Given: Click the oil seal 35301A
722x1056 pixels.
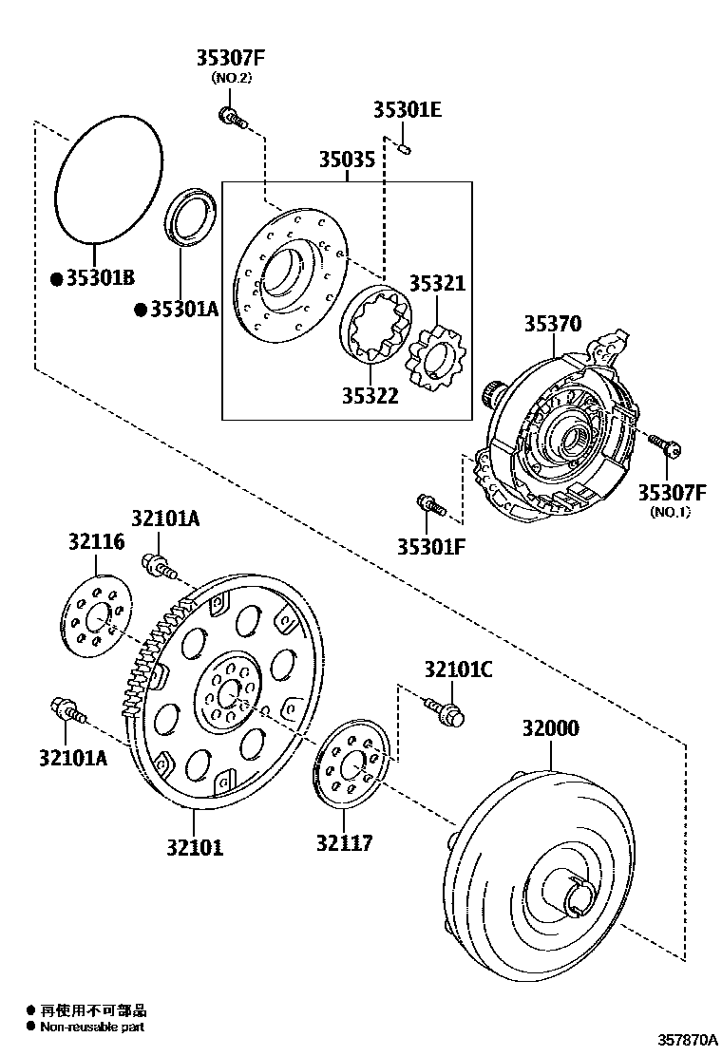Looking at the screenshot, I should coord(193,218).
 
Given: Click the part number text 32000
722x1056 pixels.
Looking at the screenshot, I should coord(549,728).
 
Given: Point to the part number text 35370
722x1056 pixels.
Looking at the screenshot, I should coord(551,324).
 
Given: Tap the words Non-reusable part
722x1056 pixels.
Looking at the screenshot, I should coord(93,1027).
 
